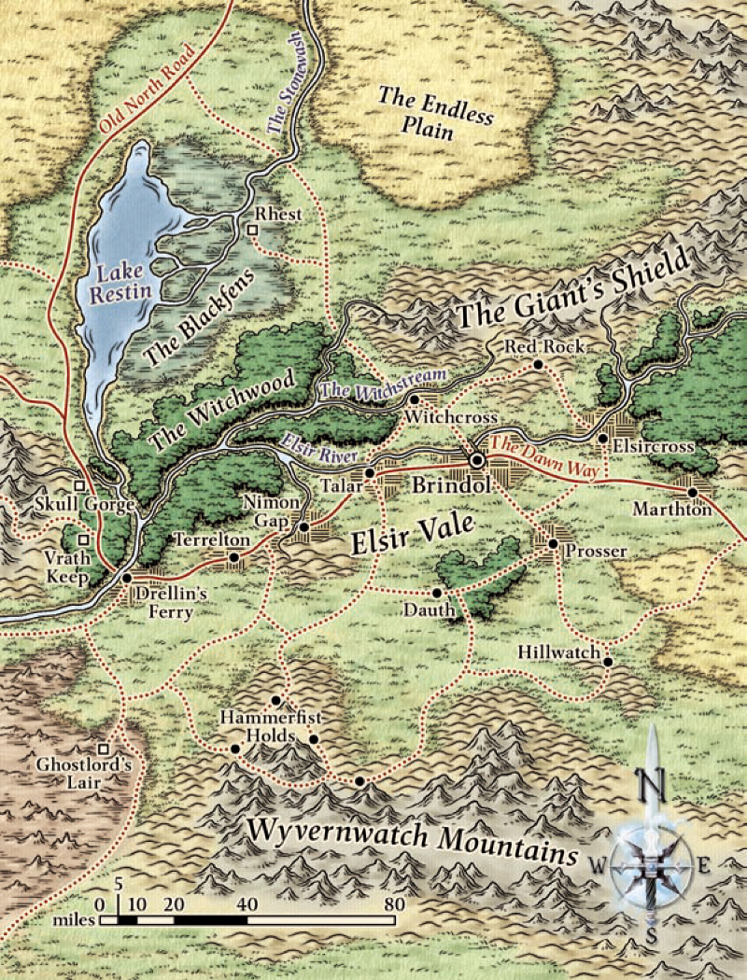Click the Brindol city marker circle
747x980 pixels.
[477, 460]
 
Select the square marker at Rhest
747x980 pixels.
[251, 229]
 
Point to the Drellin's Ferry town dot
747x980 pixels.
[127, 579]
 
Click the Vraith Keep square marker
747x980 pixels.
[82, 539]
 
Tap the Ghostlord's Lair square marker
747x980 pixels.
[106, 748]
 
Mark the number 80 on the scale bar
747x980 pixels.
[393, 903]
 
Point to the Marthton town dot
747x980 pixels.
[693, 492]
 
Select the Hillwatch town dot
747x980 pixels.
[608, 662]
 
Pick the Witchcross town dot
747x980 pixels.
[415, 399]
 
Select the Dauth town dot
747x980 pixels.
[436, 594]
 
